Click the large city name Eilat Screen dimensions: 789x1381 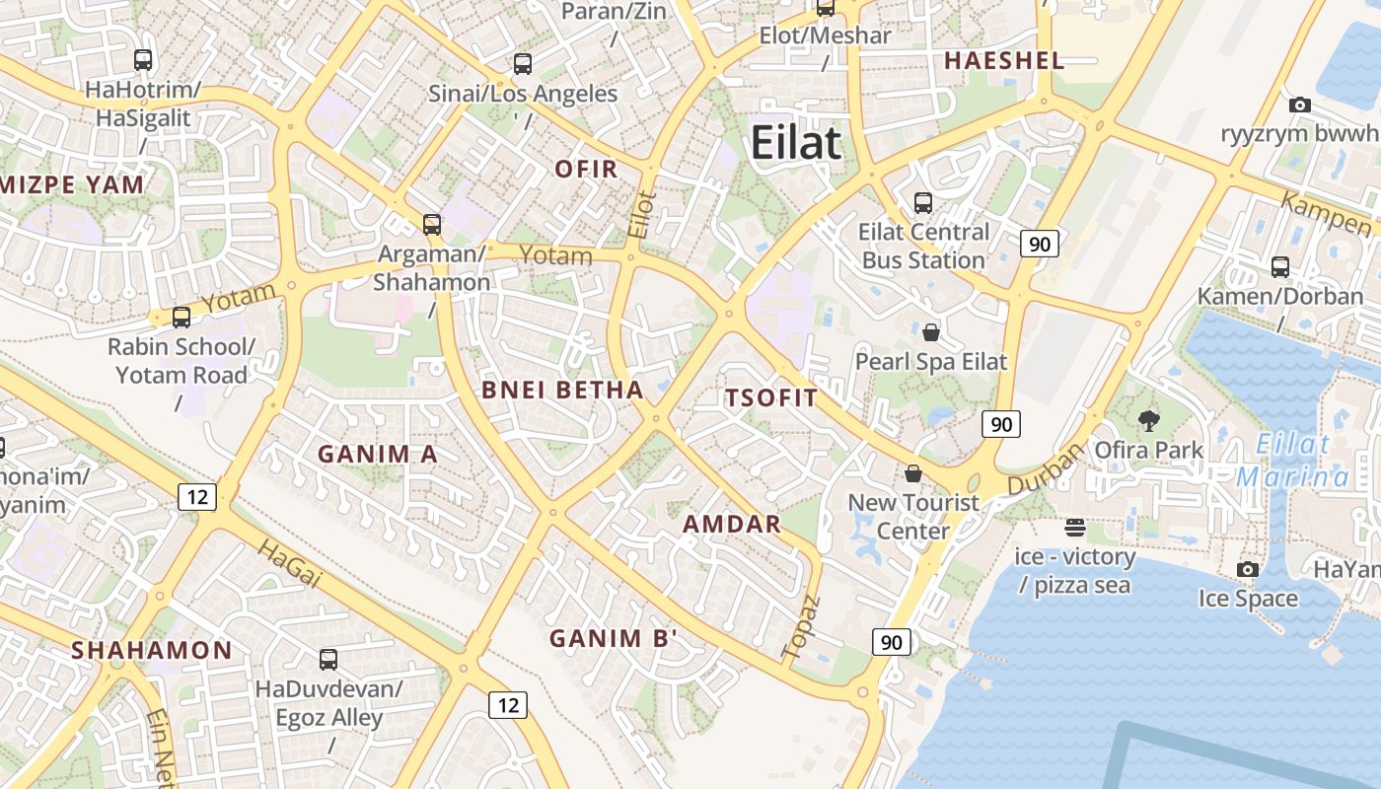point(796,143)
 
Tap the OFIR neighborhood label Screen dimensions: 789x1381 point(586,169)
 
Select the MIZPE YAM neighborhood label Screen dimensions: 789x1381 point(73,184)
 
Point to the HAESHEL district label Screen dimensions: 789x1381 point(1004,60)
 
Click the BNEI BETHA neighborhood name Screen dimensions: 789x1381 point(562,390)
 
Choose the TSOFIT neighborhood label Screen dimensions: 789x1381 point(771,398)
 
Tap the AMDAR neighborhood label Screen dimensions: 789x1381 point(732,524)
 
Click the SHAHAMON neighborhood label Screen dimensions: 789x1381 point(152,650)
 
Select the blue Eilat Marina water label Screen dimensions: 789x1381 point(1293,461)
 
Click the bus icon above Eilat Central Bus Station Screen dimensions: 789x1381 point(923,203)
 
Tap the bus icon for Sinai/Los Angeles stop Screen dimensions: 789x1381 point(523,64)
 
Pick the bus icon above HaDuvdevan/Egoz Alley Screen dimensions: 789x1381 point(328,659)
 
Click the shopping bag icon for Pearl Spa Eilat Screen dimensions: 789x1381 point(930,332)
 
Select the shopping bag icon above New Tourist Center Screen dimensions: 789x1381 point(913,474)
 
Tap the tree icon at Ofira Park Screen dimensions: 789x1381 point(1148,421)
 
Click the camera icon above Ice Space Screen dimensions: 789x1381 point(1248,569)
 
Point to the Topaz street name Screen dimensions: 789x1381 point(801,627)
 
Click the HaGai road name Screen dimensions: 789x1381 point(289,564)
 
